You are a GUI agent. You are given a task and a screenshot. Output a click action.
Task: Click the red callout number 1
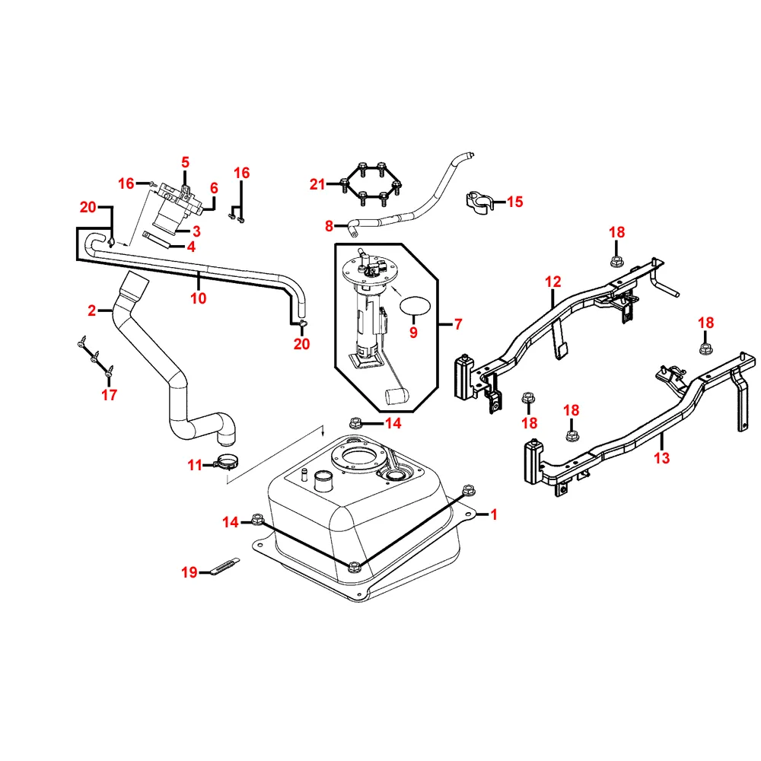click(x=493, y=515)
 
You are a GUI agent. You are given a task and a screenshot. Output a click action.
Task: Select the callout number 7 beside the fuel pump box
click(x=457, y=324)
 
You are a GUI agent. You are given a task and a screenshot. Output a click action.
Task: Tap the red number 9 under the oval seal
click(x=413, y=333)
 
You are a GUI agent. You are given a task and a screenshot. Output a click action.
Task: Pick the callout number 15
click(x=515, y=202)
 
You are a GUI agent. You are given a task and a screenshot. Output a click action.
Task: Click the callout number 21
click(x=317, y=183)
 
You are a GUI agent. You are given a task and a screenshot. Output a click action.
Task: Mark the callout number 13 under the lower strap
click(x=662, y=458)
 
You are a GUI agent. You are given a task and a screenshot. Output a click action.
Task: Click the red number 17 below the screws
click(x=110, y=394)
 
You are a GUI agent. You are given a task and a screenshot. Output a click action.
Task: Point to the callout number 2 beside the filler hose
click(x=92, y=310)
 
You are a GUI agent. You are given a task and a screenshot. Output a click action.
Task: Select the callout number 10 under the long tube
click(x=198, y=298)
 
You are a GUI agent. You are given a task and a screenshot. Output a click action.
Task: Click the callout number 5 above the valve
click(x=185, y=162)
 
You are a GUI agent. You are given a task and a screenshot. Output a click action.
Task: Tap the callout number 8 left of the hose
click(x=329, y=225)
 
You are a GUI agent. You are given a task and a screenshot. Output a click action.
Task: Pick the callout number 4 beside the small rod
click(x=191, y=247)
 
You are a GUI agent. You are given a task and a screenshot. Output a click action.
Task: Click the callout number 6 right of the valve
click(x=214, y=188)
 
